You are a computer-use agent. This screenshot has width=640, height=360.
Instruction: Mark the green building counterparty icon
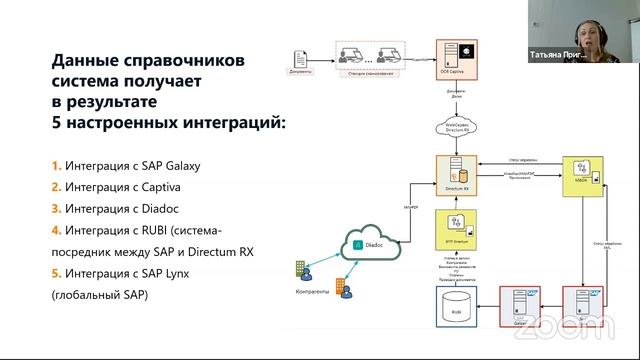click(x=301, y=270)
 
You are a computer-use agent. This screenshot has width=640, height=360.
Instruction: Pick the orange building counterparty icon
click(x=340, y=289)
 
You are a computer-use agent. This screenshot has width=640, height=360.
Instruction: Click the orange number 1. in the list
click(x=56, y=164)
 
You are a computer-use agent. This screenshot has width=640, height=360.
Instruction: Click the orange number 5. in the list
click(x=56, y=274)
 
